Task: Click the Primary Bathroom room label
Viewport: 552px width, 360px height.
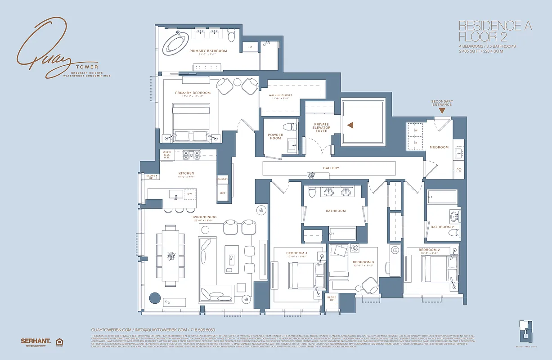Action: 208,51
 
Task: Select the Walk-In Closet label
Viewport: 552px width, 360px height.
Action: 281,95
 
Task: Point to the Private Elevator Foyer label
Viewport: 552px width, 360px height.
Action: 321,127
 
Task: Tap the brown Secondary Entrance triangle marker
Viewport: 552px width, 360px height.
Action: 442,110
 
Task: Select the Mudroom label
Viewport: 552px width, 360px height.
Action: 439,147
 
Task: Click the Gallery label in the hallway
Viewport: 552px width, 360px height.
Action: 331,168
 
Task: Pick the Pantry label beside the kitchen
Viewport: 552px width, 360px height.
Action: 222,179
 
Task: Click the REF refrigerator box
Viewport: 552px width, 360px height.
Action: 222,193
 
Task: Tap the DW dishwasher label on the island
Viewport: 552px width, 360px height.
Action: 189,194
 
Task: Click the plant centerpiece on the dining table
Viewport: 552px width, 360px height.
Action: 171,256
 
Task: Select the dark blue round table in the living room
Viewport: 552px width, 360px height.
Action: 155,298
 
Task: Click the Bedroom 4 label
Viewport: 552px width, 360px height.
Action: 296,253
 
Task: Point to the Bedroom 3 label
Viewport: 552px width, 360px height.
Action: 363,262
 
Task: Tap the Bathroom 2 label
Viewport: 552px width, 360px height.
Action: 442,227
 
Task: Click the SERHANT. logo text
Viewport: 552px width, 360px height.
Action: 36,341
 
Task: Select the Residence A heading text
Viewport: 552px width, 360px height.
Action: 494,26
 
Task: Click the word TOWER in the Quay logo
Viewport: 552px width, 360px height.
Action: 78,67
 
